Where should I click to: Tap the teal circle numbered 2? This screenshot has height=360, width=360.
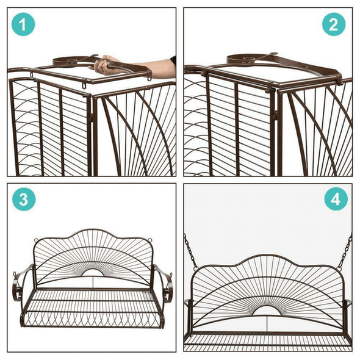333,25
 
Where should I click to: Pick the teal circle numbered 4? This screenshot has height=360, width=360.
333,199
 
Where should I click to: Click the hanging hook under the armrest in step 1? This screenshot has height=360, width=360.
81,91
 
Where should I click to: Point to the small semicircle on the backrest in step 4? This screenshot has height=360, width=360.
270,311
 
